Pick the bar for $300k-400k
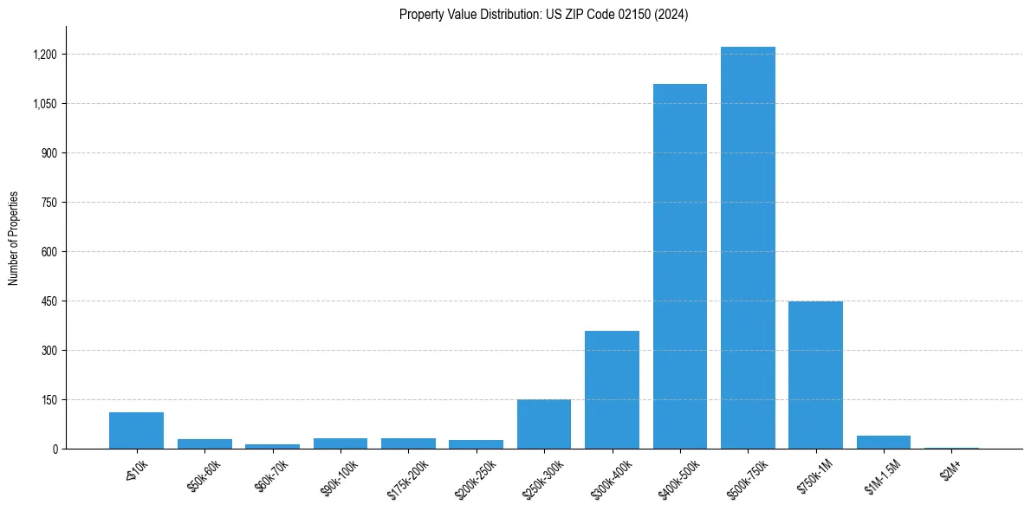(x=612, y=390)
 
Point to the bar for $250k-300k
(x=544, y=424)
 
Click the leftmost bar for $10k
(x=136, y=430)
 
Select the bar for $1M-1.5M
(x=883, y=442)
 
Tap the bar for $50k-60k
(x=204, y=443)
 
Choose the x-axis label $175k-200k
(x=407, y=475)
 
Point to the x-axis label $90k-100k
(x=340, y=474)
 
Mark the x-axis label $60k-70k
(x=271, y=474)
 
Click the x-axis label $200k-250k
(x=476, y=475)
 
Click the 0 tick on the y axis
(x=55, y=449)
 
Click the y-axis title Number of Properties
(x=14, y=238)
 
